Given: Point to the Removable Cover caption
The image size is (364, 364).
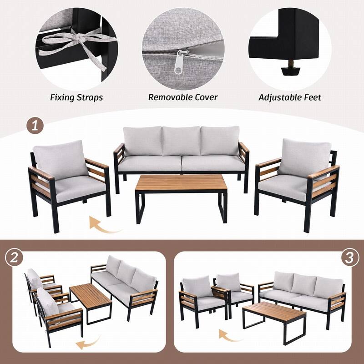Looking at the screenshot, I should pyautogui.click(x=183, y=97).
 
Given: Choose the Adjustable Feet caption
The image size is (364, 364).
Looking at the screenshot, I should pyautogui.click(x=290, y=97).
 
